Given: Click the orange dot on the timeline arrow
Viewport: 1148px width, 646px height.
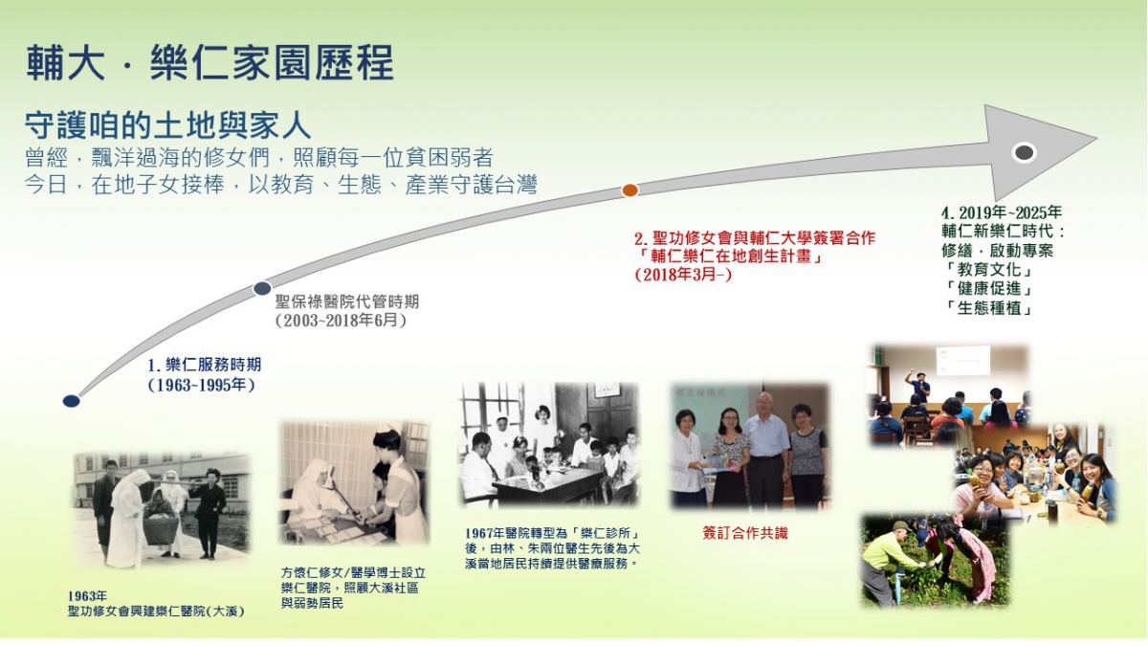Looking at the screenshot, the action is (629, 190).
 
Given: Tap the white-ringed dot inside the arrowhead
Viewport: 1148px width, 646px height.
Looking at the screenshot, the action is (1025, 152).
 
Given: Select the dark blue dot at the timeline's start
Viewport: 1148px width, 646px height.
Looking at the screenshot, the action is (71, 401).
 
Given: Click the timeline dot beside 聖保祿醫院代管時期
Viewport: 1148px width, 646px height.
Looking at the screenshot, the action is (262, 289).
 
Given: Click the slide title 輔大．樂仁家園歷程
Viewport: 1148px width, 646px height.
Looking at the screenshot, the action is (210, 62).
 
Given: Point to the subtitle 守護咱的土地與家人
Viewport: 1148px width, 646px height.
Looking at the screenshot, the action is (168, 125).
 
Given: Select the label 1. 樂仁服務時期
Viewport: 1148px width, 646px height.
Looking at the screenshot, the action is (205, 365).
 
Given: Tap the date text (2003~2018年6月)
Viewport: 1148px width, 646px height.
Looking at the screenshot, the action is (341, 321).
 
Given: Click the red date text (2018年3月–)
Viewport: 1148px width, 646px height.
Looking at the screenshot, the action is (683, 275).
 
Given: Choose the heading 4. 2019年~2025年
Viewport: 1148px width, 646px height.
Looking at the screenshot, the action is (1002, 212).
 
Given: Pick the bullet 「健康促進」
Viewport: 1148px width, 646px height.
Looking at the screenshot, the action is (988, 289).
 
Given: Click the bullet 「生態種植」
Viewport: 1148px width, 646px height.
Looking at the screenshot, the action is (988, 308).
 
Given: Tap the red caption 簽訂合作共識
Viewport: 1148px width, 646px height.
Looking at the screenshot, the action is (745, 533).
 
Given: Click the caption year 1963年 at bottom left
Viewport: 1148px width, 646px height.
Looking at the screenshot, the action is (88, 596).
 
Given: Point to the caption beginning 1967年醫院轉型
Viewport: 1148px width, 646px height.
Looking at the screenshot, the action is (553, 548).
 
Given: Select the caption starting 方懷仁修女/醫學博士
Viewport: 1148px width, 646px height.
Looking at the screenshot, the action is (353, 588).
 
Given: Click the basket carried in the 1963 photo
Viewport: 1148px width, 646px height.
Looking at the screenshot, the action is (161, 529).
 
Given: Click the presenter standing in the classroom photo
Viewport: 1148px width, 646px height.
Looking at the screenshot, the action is (918, 387).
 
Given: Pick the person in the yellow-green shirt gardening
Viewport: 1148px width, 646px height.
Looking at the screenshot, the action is (889, 562).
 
